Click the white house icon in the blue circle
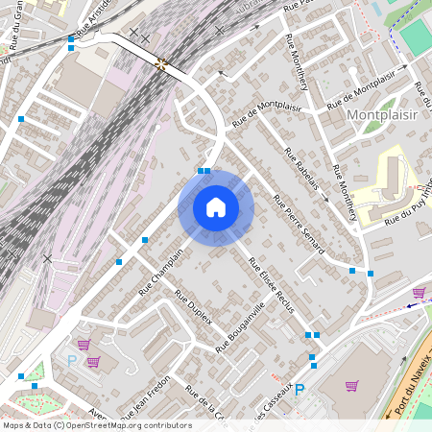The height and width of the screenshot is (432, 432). [x=216, y=207]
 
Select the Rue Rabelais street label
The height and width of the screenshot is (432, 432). [x=300, y=166]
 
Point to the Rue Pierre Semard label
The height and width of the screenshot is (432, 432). [x=299, y=226]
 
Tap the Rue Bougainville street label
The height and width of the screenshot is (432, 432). [x=240, y=327]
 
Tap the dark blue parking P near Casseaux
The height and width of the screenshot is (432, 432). [x=300, y=390]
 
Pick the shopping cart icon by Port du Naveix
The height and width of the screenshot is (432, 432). [x=351, y=386]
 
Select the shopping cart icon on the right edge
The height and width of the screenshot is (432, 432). [x=419, y=292]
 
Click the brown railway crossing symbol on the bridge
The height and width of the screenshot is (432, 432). [x=161, y=64]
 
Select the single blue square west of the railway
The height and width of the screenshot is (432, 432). [x=21, y=119]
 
